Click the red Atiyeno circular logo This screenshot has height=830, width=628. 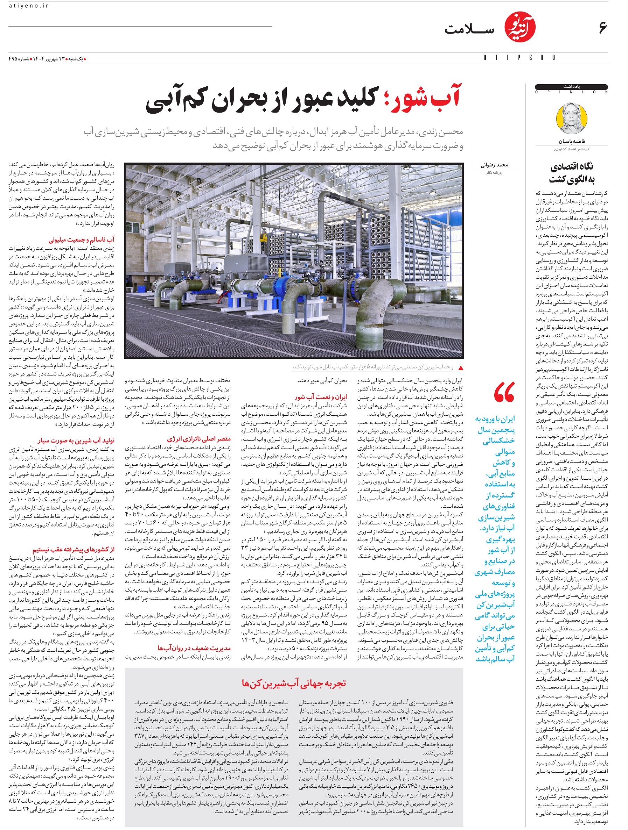(x=519, y=27)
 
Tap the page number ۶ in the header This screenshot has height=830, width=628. (x=602, y=27)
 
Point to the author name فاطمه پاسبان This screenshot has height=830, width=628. (x=571, y=142)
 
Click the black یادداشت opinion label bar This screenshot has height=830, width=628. (x=571, y=87)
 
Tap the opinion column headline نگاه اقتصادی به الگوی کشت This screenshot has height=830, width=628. (x=571, y=173)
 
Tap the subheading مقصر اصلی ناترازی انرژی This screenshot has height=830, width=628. (x=199, y=439)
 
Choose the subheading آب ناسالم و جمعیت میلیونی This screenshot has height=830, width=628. (x=82, y=239)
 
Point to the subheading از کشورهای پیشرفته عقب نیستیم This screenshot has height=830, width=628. (x=73, y=549)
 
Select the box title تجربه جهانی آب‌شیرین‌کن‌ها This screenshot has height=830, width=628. (x=294, y=683)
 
